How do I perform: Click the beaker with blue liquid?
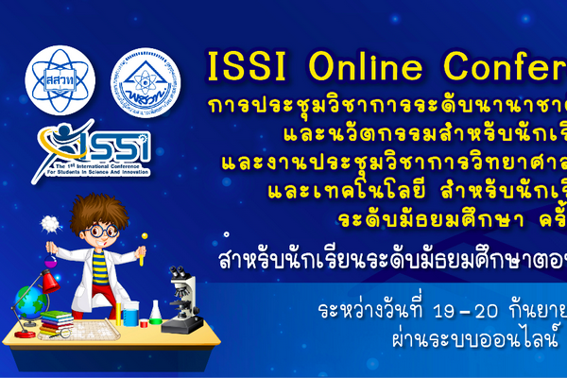point(129,313)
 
